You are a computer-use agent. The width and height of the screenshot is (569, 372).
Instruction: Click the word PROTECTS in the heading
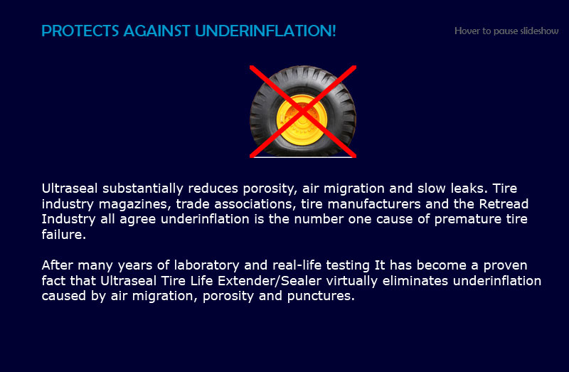(80, 31)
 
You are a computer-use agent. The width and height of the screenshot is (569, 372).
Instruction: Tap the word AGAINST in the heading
(156, 31)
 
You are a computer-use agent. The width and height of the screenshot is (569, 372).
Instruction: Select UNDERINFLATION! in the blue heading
(265, 31)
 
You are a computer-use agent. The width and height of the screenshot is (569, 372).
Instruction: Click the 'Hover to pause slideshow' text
(506, 31)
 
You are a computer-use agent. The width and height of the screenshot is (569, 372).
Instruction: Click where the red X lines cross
(303, 112)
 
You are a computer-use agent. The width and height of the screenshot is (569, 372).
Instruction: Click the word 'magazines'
(133, 204)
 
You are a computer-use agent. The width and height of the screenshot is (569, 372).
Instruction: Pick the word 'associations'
(253, 204)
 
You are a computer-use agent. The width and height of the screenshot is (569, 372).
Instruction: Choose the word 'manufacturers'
(374, 204)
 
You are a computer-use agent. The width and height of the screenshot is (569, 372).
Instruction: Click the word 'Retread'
(504, 204)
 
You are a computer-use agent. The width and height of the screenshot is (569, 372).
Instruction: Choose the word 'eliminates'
(415, 281)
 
